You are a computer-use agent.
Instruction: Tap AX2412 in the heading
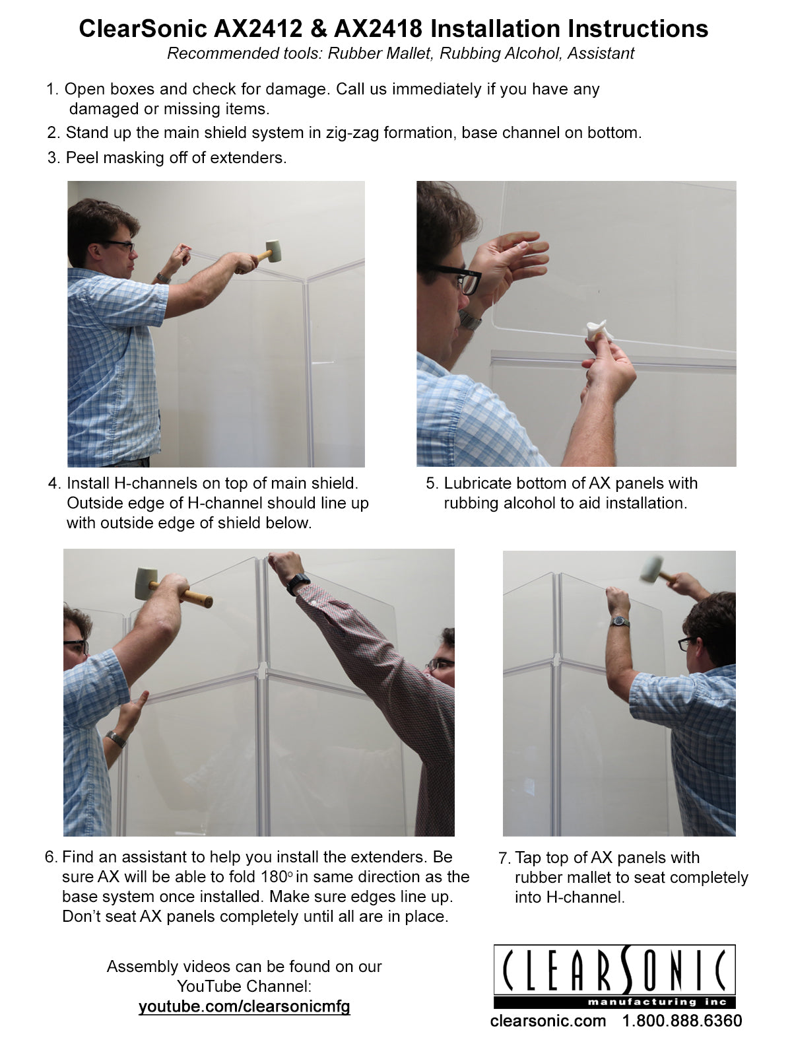(258, 29)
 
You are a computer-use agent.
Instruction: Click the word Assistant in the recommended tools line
(601, 53)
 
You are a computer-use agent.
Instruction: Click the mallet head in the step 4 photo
(274, 251)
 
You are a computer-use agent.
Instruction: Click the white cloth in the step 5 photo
(599, 329)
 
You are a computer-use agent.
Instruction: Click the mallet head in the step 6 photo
(146, 584)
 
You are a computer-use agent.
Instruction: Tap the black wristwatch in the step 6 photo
(298, 583)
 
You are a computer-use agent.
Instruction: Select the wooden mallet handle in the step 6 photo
(182, 593)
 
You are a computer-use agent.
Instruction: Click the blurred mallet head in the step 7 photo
(652, 569)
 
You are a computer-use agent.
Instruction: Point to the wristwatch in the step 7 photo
(620, 621)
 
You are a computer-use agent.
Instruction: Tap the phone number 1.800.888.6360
(682, 1021)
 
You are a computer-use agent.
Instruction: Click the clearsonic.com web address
(548, 1021)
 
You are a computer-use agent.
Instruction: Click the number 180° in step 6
(277, 876)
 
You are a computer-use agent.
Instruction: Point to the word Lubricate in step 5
(478, 483)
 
